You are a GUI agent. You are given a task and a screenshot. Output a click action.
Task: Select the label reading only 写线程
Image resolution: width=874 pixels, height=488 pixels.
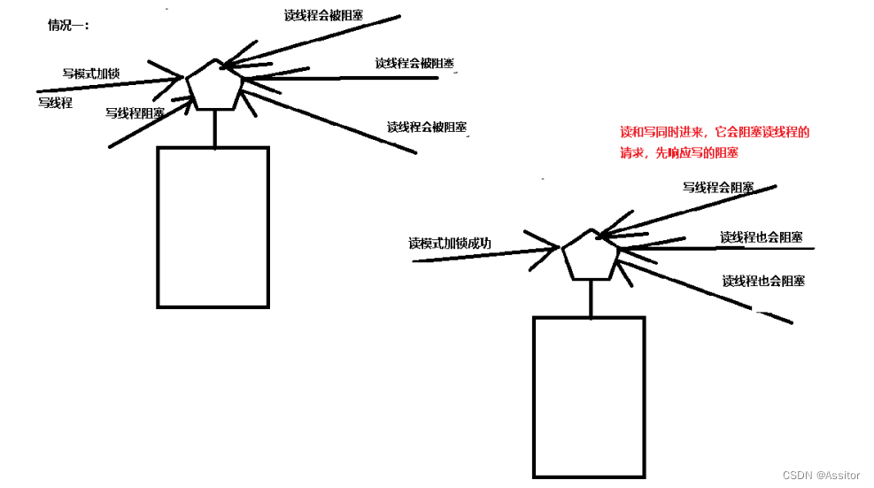point(55,103)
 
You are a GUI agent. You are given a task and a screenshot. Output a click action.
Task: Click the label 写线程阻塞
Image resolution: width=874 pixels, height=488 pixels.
point(135,113)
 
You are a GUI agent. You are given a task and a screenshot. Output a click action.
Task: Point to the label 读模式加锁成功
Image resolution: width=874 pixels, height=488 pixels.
point(450,244)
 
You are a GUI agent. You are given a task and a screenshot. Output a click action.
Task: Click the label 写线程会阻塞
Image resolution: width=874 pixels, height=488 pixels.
point(717,188)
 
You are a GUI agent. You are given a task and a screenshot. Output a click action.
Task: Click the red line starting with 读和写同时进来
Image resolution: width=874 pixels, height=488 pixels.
point(715,132)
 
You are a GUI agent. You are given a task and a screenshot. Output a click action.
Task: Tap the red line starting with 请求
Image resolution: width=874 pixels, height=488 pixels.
point(679,152)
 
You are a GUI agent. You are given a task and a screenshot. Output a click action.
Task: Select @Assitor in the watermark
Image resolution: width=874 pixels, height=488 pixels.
point(838,476)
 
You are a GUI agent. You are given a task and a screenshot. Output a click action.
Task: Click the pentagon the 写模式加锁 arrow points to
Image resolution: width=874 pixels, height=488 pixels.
point(214,86)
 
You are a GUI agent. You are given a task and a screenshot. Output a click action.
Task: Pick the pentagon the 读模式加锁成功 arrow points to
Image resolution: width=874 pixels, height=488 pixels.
point(590,256)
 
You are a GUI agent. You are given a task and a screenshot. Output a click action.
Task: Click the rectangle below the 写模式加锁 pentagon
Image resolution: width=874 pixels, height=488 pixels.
point(213,227)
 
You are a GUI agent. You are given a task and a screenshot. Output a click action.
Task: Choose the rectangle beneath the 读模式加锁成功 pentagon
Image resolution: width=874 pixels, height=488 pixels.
point(589,397)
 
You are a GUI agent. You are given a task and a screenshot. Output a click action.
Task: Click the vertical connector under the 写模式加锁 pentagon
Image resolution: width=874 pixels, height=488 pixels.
point(215,128)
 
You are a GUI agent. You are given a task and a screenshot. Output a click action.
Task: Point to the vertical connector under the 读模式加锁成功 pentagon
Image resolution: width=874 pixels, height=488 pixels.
point(590,298)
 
